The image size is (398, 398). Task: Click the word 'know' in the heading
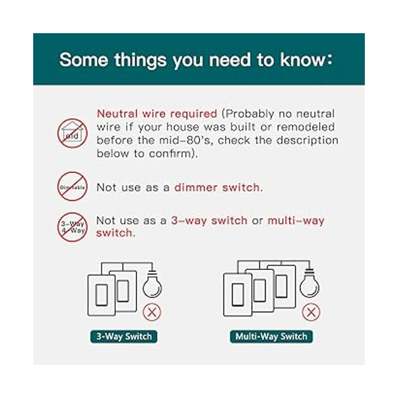(x=302, y=60)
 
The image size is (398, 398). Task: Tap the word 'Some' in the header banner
(x=84, y=60)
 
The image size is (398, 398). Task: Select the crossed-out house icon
(x=72, y=133)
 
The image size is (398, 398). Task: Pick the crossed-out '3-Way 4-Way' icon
(x=72, y=227)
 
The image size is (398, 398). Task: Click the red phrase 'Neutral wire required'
(x=157, y=114)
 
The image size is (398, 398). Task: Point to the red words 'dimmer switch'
(x=217, y=187)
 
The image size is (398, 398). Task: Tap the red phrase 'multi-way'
(x=296, y=221)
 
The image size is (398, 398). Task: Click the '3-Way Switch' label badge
(x=124, y=336)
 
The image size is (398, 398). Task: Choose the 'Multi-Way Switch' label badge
(x=271, y=336)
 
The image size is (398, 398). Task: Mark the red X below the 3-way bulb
(x=152, y=312)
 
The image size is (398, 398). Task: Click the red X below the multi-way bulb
(x=311, y=312)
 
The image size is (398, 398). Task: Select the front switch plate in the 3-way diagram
(x=101, y=296)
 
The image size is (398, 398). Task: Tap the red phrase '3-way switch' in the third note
(x=209, y=221)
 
